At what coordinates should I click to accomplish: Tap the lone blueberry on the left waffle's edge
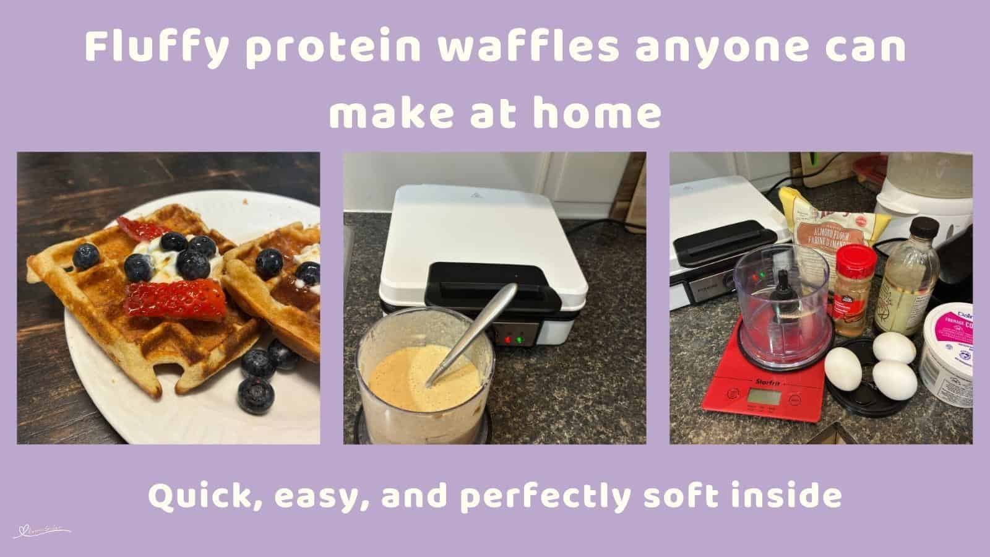tap(85, 256)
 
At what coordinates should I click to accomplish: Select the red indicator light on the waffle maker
tap(509, 339)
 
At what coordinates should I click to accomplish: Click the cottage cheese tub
tap(947, 347)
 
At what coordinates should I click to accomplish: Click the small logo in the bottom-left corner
tap(42, 530)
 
